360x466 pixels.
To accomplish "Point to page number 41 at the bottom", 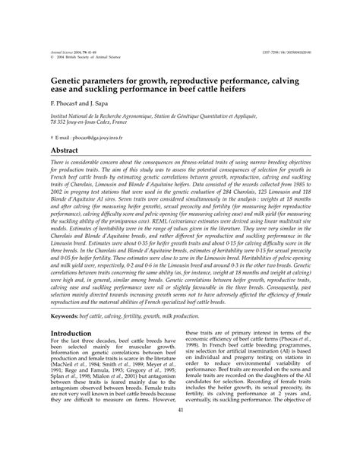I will coord(181,453).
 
